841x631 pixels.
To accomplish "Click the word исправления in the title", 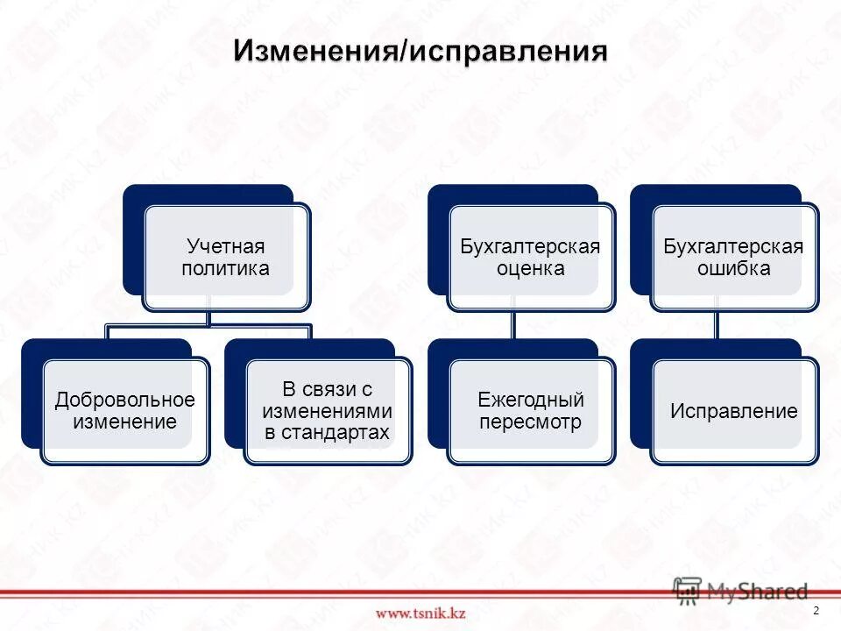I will pos(507,51).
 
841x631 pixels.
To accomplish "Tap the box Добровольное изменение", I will pos(124,411).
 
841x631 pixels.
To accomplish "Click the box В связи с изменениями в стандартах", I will pos(327,410).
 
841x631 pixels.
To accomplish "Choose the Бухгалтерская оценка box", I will pos(530,257).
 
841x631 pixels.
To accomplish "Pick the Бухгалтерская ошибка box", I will pos(733,257).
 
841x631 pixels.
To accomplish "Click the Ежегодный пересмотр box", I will pos(530,411).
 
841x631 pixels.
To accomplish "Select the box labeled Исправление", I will pos(733,411).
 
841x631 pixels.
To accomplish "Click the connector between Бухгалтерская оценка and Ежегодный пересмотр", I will pos(513,324).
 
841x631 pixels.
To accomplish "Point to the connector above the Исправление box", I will pos(717,324).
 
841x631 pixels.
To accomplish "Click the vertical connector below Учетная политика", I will pos(208,317).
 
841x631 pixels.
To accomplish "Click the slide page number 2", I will pos(816,610).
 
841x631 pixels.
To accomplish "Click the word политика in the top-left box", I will pos(225,268).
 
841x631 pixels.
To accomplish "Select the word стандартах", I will pos(327,432).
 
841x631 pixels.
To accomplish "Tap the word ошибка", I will pos(733,268).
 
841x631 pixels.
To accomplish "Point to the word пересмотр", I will pos(530,422).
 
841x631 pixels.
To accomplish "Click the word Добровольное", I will pos(124,401).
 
